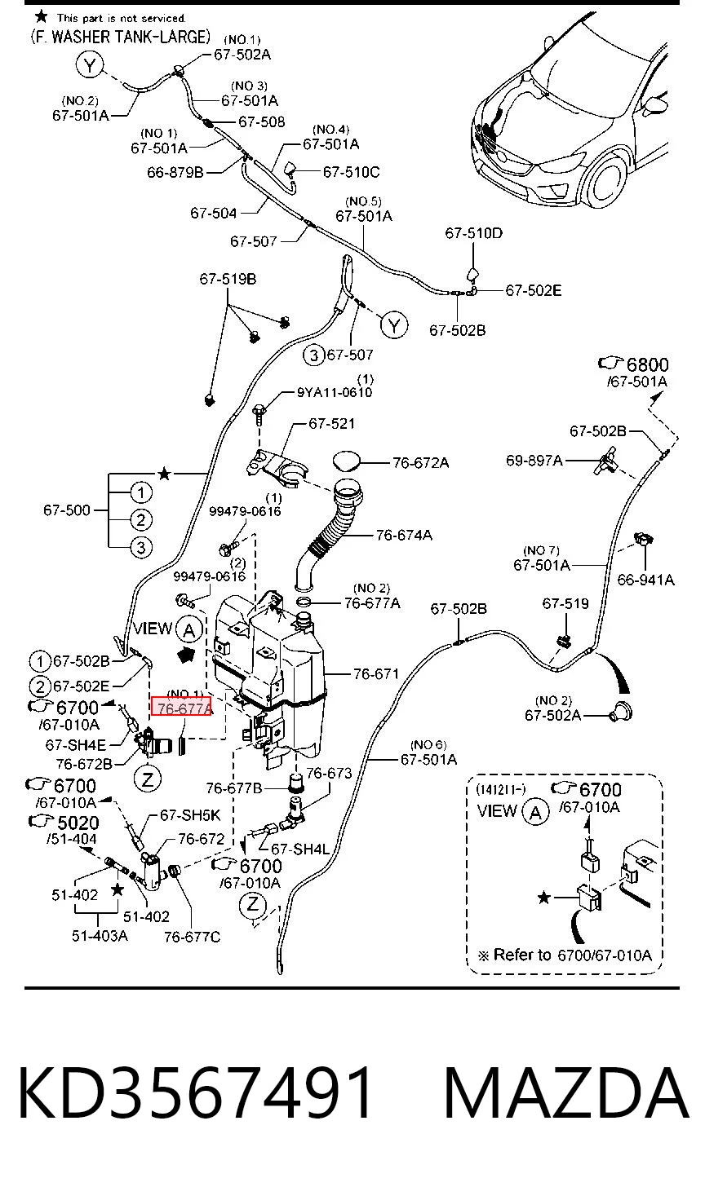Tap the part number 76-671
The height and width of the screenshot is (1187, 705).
click(376, 674)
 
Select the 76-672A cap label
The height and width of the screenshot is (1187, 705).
click(421, 462)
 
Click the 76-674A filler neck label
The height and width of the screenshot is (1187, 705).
click(404, 535)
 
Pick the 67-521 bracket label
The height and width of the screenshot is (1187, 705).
click(331, 423)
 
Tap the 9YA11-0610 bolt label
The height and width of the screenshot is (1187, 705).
click(335, 392)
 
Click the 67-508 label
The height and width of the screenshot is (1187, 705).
click(262, 122)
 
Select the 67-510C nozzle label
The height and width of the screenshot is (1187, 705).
click(351, 172)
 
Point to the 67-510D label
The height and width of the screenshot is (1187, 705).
click(474, 233)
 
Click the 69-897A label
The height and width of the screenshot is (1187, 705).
click(534, 460)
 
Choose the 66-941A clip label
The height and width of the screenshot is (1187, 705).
click(645, 580)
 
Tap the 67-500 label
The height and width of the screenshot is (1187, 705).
click(67, 510)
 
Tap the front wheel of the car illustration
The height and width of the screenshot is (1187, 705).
click(606, 180)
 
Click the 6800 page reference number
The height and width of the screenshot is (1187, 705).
click(647, 364)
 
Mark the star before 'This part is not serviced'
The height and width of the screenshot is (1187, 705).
click(41, 16)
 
